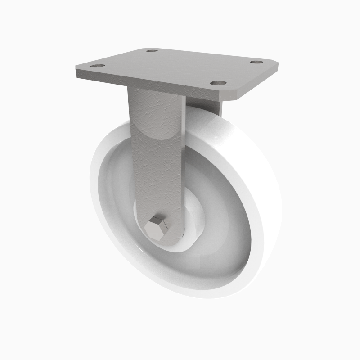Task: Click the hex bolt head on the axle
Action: click(x=158, y=226)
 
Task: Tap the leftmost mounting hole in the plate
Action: click(x=97, y=66)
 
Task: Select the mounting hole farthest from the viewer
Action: click(x=152, y=51)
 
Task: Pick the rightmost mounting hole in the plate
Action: click(x=256, y=62)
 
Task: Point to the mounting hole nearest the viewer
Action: click(x=218, y=83)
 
